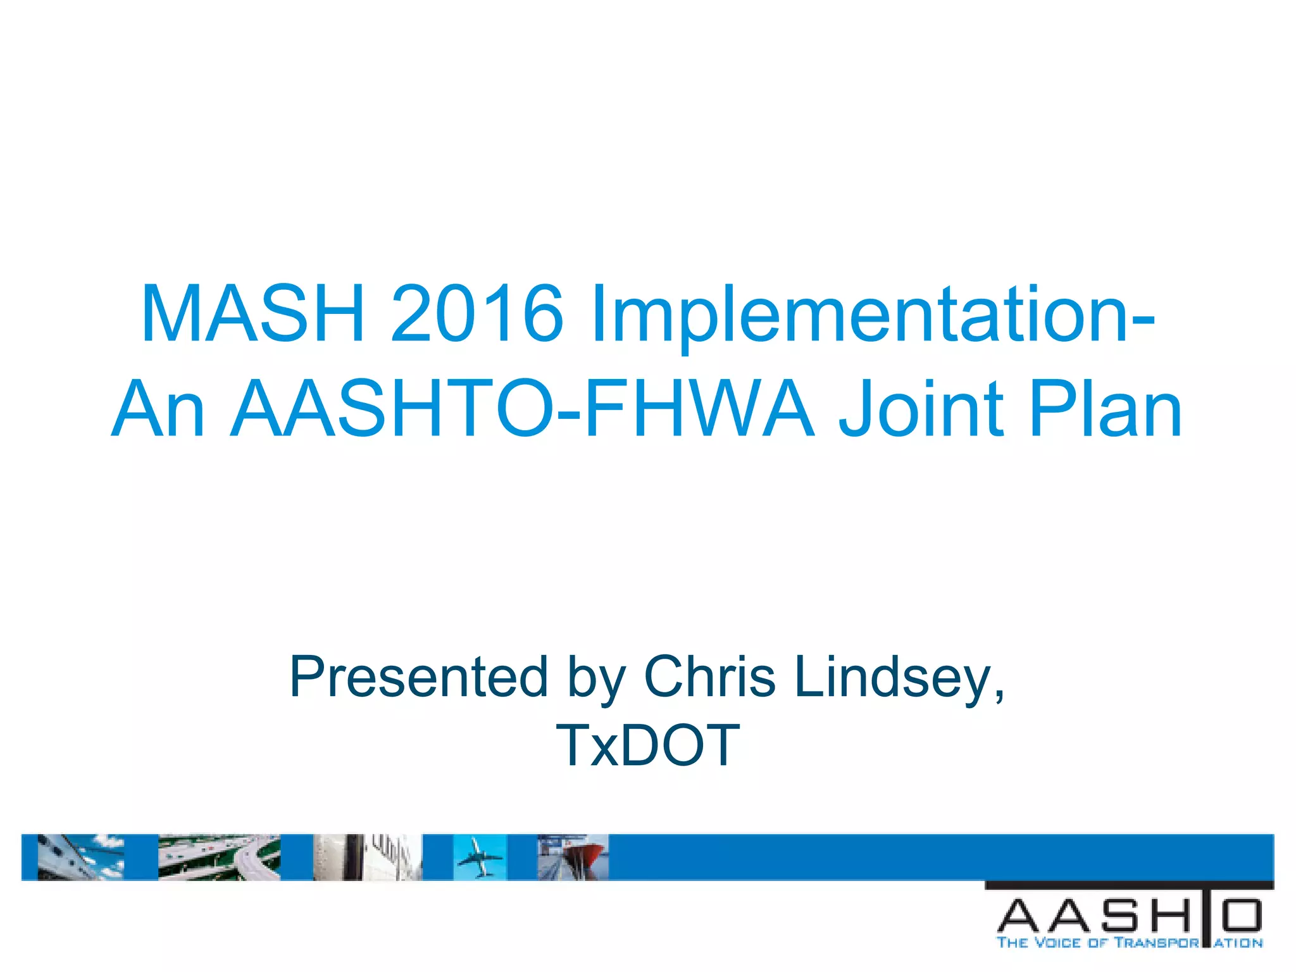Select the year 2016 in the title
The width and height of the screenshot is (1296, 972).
[477, 314]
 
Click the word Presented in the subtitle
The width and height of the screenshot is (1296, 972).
[418, 676]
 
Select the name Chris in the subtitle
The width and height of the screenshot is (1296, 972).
[709, 676]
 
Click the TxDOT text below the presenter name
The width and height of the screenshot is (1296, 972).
[647, 745]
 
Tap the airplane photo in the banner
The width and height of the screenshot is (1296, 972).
[480, 857]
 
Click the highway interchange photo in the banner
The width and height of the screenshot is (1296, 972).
[219, 857]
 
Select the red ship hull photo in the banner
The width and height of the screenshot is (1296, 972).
[573, 857]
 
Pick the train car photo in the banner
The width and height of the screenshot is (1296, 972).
[367, 857]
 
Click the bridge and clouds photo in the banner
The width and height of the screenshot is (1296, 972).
[80, 857]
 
